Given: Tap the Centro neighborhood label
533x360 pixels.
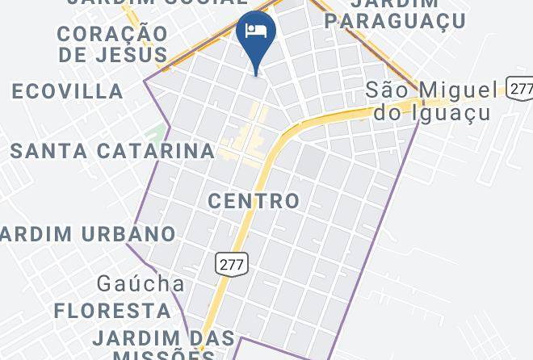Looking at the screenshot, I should click(254, 200).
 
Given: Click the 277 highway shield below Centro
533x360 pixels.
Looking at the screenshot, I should click(232, 263).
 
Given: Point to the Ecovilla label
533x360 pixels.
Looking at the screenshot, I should click(68, 91).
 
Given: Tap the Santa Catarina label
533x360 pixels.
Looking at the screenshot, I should click(112, 150).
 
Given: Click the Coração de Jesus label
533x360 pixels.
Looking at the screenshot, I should click(113, 44).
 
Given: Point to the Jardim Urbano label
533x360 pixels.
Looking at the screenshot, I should click(88, 234).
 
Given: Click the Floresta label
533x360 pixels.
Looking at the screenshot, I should click(112, 310).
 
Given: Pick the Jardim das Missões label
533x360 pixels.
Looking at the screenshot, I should click(164, 345).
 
